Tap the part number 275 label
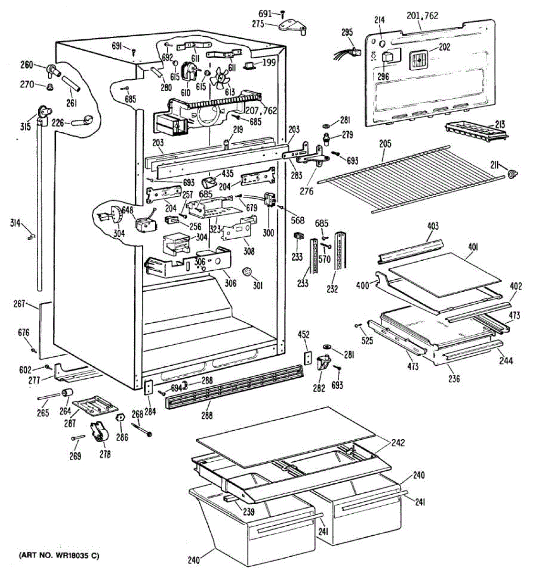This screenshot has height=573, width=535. point(258,23)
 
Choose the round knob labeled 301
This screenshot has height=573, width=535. point(247,272)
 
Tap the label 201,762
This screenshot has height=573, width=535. point(422,16)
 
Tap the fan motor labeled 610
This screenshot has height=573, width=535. point(189,72)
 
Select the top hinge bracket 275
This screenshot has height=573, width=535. point(293,27)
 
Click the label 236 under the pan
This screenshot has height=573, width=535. point(454,378)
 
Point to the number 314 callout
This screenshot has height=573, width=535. point(15,223)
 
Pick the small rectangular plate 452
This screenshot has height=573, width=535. point(309,358)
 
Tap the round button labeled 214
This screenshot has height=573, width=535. point(382,44)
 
